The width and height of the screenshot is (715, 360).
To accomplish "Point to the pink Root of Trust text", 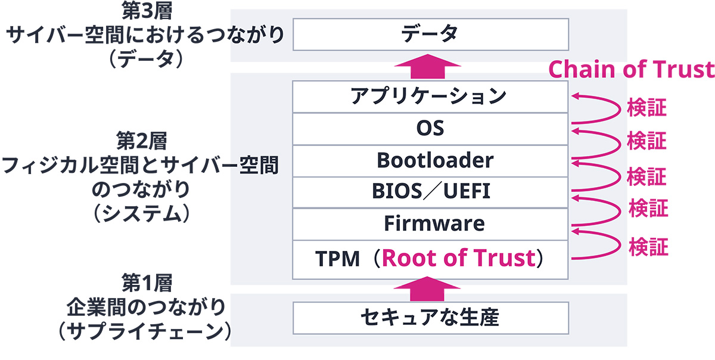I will pos(458,259).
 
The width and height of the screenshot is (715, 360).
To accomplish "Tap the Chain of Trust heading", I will pos(631,70).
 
